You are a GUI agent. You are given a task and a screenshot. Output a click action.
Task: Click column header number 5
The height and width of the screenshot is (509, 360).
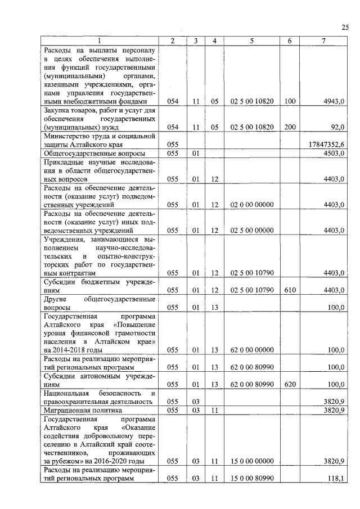pos(251,40)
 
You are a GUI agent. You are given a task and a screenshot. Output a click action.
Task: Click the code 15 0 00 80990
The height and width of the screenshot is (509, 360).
pos(251,478)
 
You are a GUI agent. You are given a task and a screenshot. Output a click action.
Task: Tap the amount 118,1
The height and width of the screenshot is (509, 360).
pos(336,478)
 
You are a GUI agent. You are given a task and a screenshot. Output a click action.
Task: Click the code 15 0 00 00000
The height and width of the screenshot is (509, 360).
pos(251,461)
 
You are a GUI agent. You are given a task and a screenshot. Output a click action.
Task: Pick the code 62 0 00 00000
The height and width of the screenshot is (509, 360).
pos(251,350)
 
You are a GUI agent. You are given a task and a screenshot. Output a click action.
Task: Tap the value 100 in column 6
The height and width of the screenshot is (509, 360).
pos(290,101)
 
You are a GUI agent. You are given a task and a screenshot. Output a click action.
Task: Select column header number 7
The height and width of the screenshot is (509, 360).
pos(323,40)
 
